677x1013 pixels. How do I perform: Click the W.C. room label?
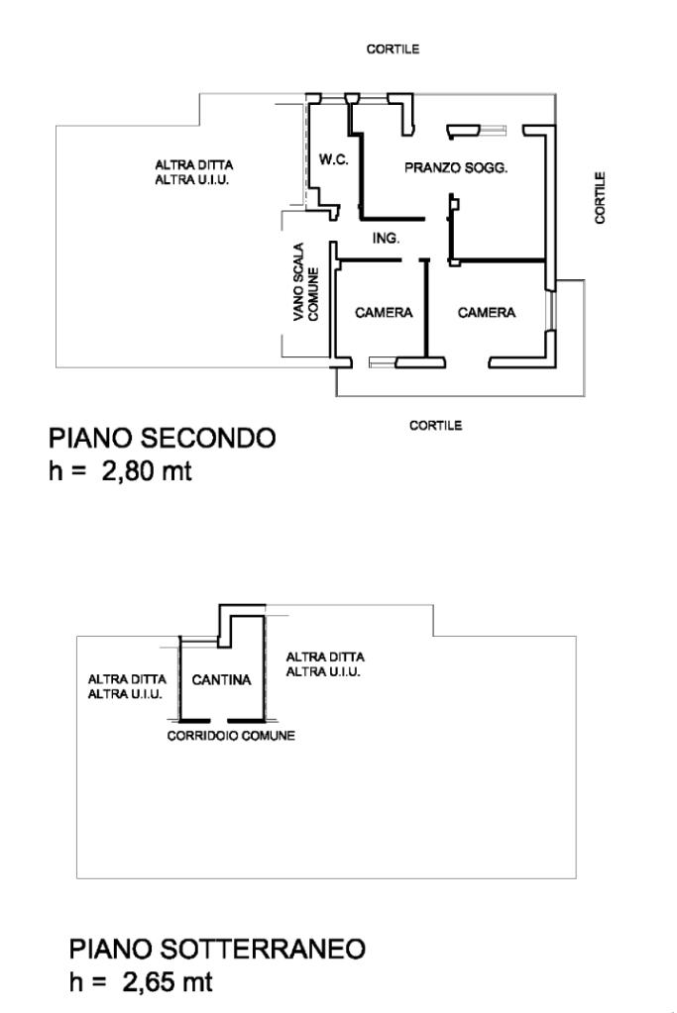(333, 160)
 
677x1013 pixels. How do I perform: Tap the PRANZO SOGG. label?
(456, 168)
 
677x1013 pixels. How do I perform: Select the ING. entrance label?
(386, 239)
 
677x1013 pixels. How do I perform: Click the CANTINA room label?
(222, 680)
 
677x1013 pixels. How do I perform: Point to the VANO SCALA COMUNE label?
(304, 283)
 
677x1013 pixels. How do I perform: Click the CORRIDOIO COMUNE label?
(231, 737)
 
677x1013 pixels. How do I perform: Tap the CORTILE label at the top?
(393, 50)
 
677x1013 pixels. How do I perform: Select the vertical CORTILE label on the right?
(601, 197)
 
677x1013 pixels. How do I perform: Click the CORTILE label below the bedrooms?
(435, 425)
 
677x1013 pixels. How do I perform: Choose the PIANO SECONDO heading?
(163, 438)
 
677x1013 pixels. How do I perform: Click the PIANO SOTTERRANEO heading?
(217, 949)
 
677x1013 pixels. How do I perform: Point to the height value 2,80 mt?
(143, 470)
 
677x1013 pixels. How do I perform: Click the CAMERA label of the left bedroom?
(384, 313)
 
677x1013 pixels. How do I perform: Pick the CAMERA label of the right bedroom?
(486, 313)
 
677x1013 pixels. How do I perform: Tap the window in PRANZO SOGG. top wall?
(478, 129)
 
